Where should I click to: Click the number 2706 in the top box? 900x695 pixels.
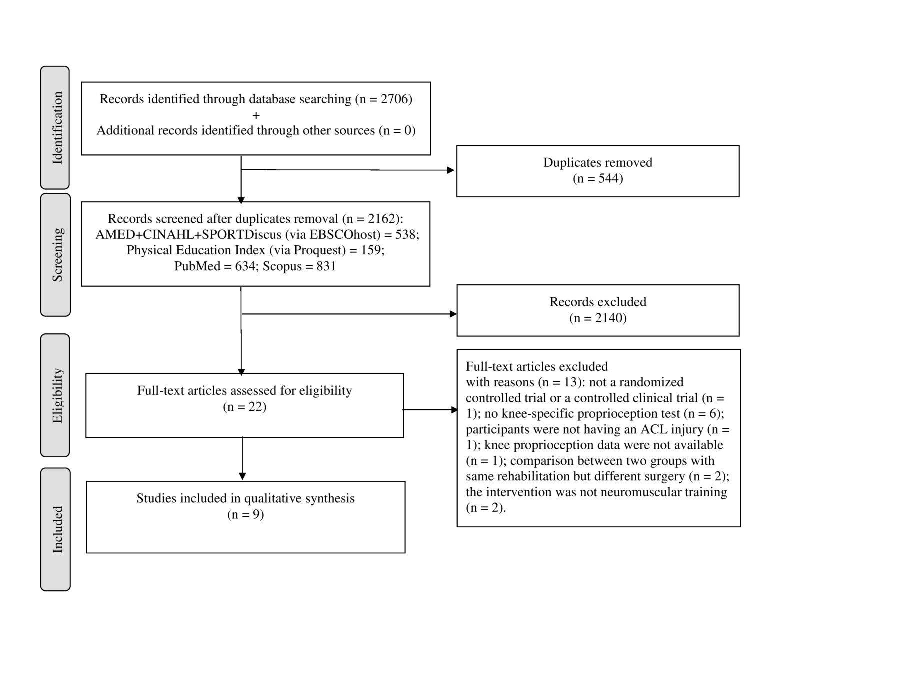point(394,99)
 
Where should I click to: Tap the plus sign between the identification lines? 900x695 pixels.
point(256,115)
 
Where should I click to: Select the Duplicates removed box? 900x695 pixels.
point(598,171)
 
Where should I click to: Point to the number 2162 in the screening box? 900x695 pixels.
point(381,219)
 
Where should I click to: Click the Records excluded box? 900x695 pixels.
point(598,310)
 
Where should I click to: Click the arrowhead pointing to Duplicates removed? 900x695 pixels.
point(450,170)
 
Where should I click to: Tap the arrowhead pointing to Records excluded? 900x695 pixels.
point(453,314)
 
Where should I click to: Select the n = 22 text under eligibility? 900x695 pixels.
point(245,407)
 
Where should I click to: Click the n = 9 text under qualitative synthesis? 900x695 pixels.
point(245,514)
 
